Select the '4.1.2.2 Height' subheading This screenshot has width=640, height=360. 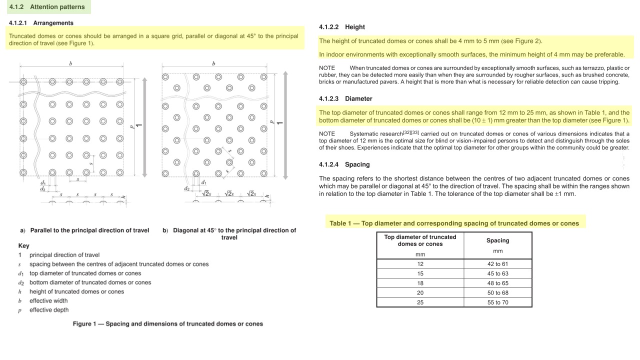click(x=342, y=27)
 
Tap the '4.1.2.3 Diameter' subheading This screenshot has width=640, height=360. click(x=345, y=98)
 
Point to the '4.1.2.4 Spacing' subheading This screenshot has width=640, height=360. click(x=344, y=164)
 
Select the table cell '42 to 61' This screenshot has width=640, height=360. click(x=497, y=264)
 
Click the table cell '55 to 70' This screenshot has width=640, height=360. click(x=497, y=302)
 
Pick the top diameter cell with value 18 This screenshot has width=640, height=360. click(x=420, y=283)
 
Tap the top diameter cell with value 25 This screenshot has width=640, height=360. click(x=420, y=302)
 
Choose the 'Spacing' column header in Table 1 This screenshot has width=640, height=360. click(x=497, y=240)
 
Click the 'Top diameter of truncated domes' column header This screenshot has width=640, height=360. click(x=420, y=240)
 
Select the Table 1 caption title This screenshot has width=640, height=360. click(x=454, y=223)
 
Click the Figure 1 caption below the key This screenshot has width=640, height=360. click(x=167, y=324)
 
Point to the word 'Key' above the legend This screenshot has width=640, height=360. click(x=23, y=246)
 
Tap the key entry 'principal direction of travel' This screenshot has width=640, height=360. click(x=64, y=255)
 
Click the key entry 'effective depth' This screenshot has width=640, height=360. click(x=49, y=310)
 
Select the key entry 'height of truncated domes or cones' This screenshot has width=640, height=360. click(x=76, y=291)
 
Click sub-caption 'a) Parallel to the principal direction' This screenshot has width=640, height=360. click(x=85, y=230)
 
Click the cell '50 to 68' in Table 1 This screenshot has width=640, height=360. click(x=497, y=293)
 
